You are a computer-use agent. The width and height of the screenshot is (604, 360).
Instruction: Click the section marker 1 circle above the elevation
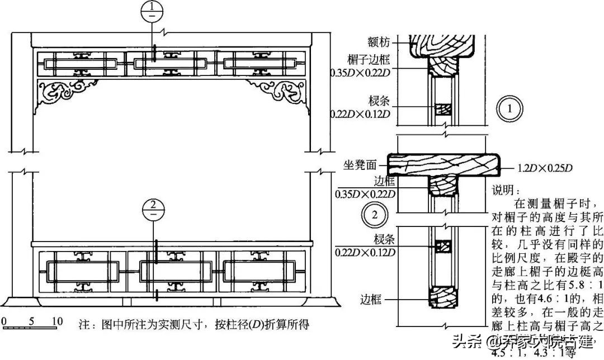(152, 11)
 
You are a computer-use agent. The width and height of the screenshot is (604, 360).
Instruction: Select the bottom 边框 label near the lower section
(371, 300)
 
